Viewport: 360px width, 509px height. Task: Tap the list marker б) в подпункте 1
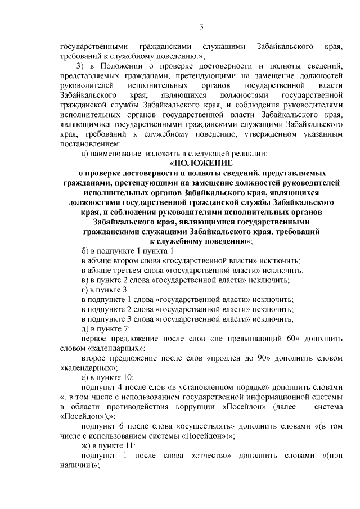(85, 251)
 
